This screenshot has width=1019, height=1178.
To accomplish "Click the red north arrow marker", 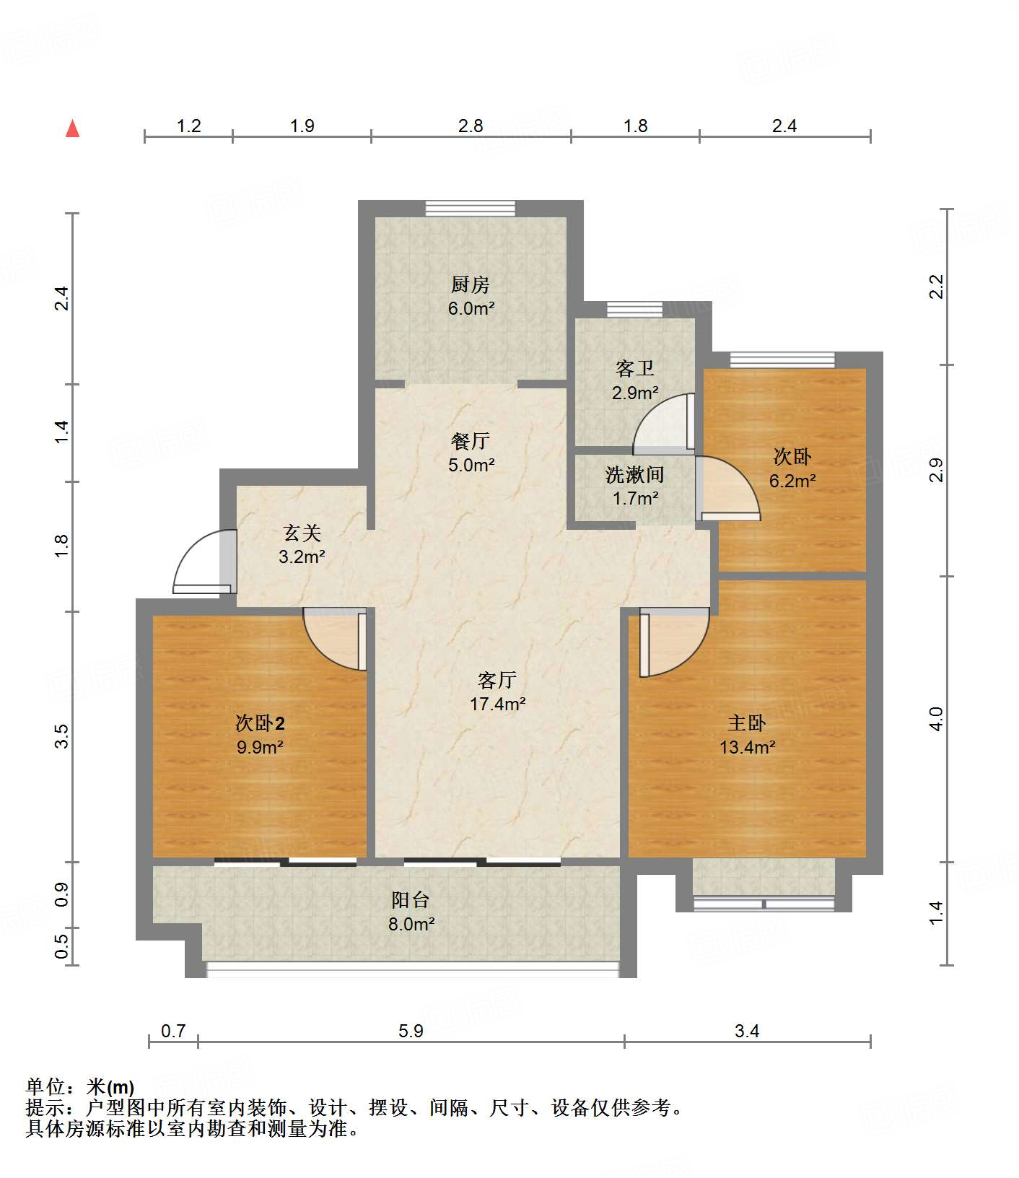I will click(72, 129).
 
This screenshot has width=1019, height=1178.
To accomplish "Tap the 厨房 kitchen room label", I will click(471, 284).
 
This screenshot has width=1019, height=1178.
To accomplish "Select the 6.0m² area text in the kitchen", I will click(471, 309).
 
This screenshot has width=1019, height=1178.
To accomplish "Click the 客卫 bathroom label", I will click(635, 369).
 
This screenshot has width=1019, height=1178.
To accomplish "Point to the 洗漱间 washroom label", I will click(635, 474).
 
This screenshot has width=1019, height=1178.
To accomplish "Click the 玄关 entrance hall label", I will click(302, 533).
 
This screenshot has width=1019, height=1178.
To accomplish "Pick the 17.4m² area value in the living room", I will click(497, 704).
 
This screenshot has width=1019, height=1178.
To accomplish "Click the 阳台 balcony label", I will click(411, 899).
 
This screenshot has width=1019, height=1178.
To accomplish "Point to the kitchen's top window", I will click(471, 209).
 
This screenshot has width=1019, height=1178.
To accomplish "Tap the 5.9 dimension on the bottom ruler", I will click(411, 1031).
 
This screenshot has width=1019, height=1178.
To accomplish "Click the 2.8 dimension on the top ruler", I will click(471, 126).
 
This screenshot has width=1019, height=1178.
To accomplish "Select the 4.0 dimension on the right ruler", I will click(936, 719).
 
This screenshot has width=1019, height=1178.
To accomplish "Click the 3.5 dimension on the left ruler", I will click(62, 736).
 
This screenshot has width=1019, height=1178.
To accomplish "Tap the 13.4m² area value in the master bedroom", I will click(747, 747).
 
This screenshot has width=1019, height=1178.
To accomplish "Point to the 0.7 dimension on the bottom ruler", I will click(173, 1031).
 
